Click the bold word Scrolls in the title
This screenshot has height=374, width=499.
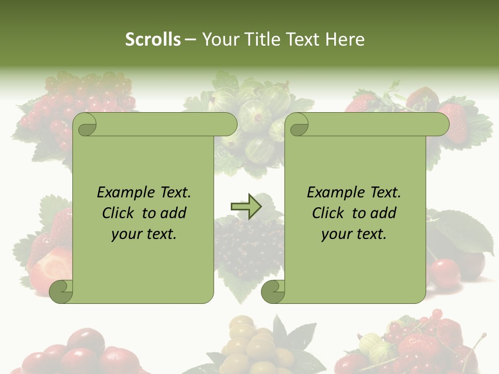153,39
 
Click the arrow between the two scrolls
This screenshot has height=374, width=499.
246,207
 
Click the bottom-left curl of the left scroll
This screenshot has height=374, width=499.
61,291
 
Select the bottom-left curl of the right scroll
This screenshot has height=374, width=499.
273,291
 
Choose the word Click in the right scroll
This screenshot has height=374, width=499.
330,213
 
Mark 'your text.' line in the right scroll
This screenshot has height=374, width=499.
354,234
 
